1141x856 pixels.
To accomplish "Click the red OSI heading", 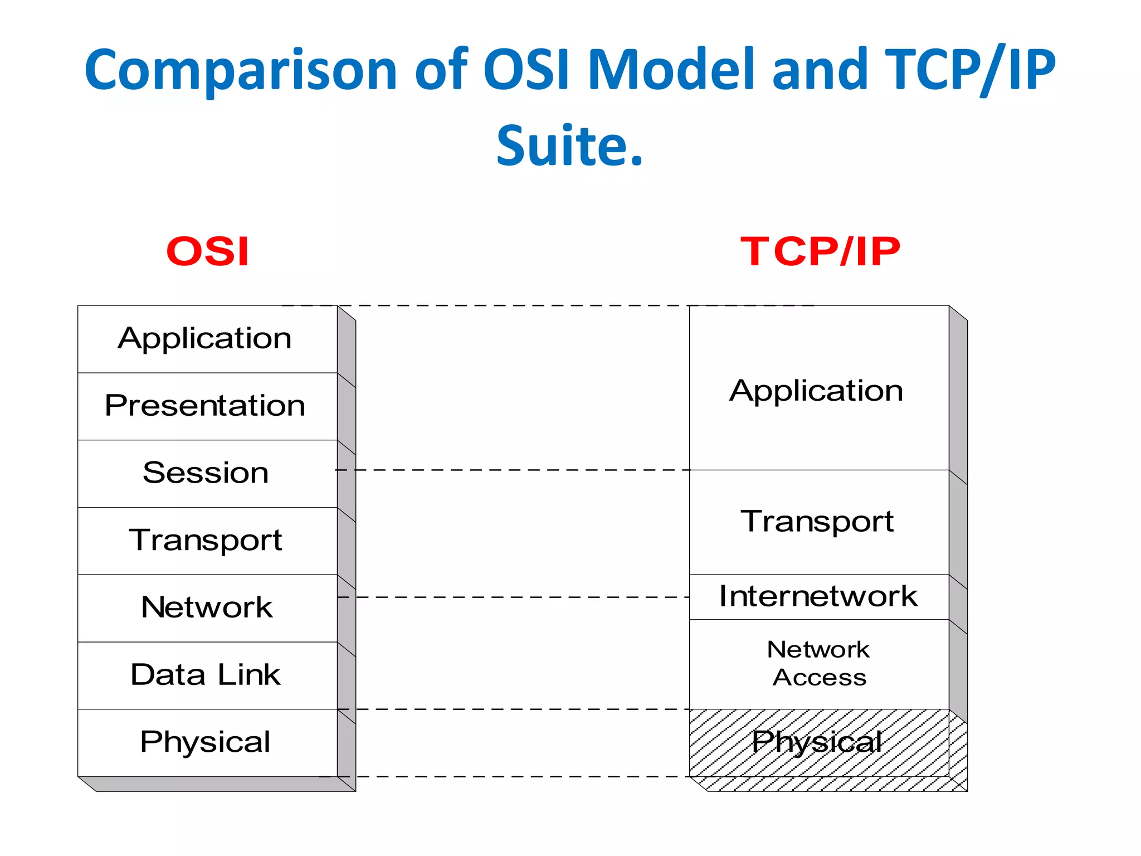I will pos(207,251).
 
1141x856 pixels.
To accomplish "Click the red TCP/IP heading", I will pos(820,251).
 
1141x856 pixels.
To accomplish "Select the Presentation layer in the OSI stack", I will pos(205,406).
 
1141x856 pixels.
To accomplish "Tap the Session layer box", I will pos(205,473).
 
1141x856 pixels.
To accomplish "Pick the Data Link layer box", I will pos(205,675).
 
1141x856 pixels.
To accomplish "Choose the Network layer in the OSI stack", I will pos(206,607).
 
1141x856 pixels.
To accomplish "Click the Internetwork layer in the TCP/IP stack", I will pos(818,596).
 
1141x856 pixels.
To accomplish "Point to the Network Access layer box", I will pos(818,663).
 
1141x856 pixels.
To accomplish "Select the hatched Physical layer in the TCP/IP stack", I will pos(818,742).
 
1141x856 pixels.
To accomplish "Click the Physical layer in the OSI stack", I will pos(205,742).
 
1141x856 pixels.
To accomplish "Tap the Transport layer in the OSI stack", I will pos(205,541).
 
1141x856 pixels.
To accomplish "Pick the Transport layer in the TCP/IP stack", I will pos(817,522).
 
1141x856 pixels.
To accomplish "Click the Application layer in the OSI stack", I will pos(205,338).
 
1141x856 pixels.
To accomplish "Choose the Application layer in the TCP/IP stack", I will pos(817,390).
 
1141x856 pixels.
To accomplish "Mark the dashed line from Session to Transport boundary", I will pos(513,470).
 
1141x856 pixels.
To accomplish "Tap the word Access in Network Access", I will pos(819,678).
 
